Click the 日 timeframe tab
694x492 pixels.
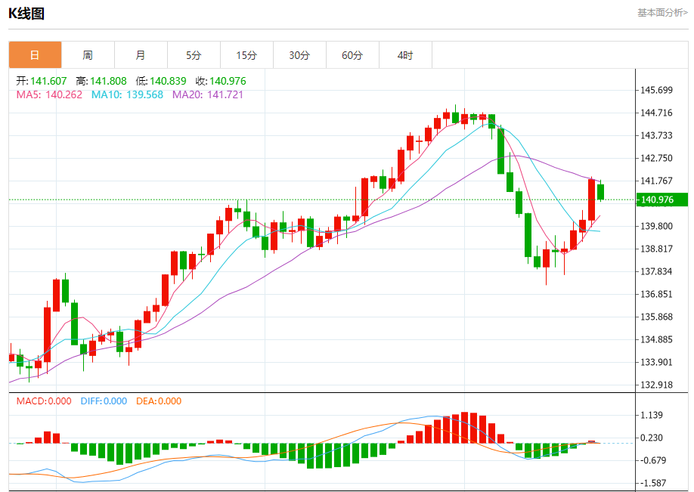(x=35, y=55)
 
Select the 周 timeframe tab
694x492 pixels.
(x=88, y=55)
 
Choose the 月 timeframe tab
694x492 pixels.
(x=141, y=55)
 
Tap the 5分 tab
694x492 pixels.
(x=194, y=55)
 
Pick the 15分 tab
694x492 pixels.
(x=246, y=55)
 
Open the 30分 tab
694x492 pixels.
(x=299, y=55)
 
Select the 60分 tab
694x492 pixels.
(x=352, y=55)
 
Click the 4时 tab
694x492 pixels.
(x=405, y=55)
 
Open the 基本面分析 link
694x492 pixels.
(x=662, y=12)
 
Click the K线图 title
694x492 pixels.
(x=26, y=13)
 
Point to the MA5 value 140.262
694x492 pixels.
(x=64, y=94)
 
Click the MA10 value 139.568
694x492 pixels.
(x=143, y=94)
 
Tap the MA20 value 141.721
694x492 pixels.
(x=224, y=94)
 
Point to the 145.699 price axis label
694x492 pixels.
(x=656, y=90)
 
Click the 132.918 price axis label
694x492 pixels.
(x=656, y=385)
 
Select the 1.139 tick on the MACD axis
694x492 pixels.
(x=652, y=415)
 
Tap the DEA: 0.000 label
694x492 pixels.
(x=159, y=401)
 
